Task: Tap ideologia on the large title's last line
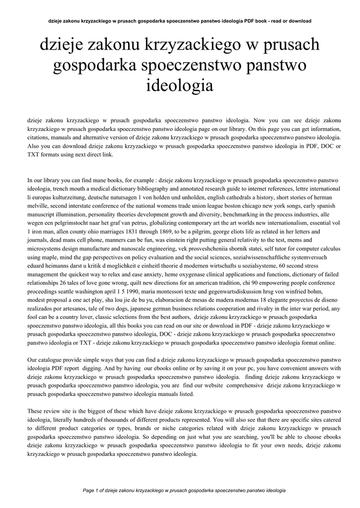point(180,85)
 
